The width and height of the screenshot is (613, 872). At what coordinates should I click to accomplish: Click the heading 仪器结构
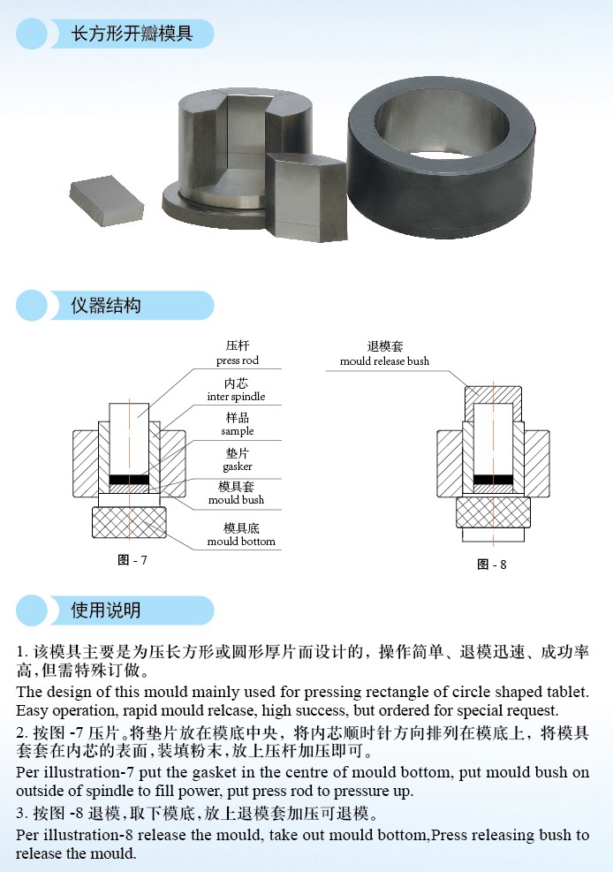[x=106, y=306]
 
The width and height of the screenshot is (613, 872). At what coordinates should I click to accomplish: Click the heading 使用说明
[x=106, y=610]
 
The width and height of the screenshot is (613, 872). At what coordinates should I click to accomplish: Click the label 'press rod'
[x=238, y=360]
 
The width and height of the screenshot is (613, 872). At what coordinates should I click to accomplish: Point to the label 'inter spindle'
[x=236, y=397]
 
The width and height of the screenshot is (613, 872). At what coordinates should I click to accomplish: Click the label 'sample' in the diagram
[x=237, y=431]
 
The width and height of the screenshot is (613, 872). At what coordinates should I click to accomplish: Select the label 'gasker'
[x=237, y=466]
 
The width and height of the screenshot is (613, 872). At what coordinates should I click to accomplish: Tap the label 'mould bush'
[x=236, y=500]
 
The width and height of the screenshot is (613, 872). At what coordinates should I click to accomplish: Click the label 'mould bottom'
[x=241, y=541]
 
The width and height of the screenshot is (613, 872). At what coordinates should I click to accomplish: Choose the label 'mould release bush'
[x=384, y=361]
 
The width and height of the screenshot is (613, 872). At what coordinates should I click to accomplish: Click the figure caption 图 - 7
[x=132, y=560]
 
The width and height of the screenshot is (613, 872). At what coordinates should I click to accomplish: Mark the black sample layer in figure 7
[x=129, y=481]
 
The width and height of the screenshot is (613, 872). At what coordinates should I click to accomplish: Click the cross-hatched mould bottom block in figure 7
[x=129, y=522]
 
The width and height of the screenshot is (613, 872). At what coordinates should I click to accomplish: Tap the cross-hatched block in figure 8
[x=493, y=512]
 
